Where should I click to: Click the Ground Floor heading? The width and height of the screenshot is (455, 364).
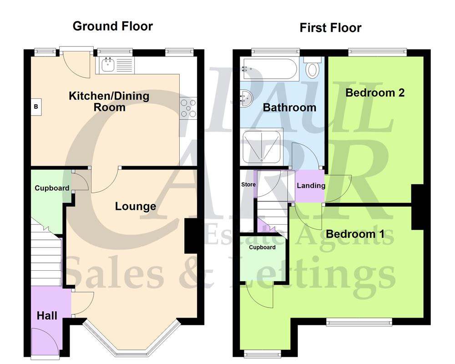point(112,26)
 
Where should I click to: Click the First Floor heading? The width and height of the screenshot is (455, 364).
point(330,28)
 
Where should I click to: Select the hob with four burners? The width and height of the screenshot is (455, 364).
point(188,108)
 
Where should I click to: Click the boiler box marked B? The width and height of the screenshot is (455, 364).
point(36,107)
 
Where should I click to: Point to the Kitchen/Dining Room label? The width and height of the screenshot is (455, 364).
point(109,101)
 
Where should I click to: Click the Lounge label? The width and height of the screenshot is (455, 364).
point(135,207)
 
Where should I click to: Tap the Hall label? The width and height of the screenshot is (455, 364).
point(47,315)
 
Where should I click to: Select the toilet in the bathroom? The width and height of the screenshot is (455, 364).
point(313,69)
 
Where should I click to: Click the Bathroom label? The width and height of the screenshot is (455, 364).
point(289,108)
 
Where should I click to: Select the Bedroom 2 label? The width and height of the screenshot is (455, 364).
point(375,93)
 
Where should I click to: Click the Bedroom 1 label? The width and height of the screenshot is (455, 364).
point(355,234)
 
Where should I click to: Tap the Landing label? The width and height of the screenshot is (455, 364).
point(311,186)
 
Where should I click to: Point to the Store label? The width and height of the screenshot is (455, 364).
point(248,185)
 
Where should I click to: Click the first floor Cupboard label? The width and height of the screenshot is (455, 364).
point(263,248)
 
